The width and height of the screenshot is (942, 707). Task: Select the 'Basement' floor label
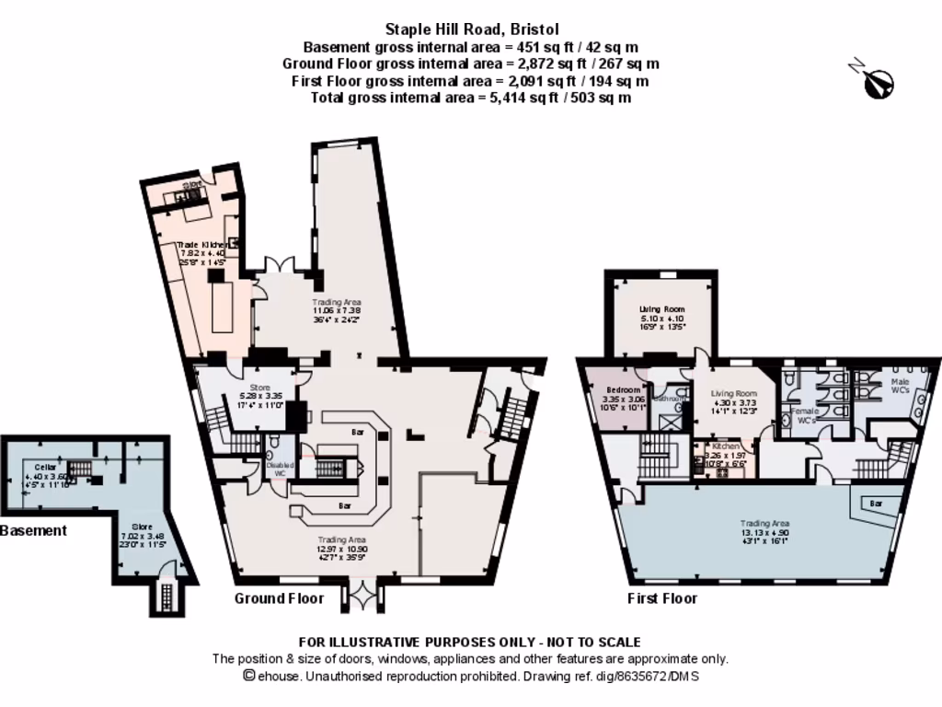point(33,530)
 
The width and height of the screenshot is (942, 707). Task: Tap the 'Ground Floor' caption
point(279,598)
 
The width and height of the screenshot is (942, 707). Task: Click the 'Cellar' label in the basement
point(46,467)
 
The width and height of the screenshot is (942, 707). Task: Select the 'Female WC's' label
point(805,415)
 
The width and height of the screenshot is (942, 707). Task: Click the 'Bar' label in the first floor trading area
point(875,504)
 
